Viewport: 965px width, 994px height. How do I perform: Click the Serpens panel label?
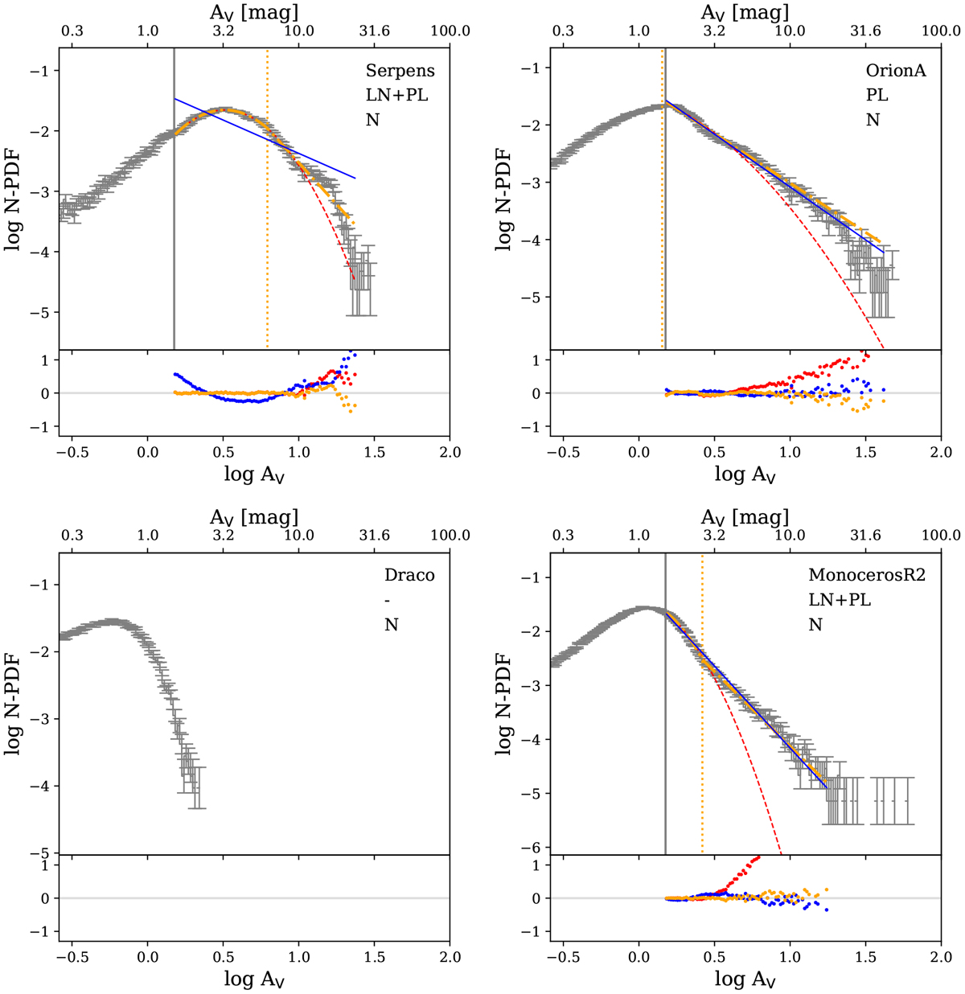[400, 71]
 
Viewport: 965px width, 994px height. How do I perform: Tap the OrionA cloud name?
[895, 71]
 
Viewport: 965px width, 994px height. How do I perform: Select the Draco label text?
[409, 576]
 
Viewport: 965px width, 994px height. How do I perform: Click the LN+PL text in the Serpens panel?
[397, 96]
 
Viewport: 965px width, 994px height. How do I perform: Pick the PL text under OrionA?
[877, 96]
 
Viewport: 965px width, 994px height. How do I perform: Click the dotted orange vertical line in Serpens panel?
[267, 201]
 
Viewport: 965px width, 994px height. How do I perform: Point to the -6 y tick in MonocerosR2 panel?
[532, 847]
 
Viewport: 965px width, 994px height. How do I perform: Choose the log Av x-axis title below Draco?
[254, 980]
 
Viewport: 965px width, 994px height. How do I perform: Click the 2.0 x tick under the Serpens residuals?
[450, 452]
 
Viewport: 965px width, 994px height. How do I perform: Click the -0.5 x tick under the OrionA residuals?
[563, 452]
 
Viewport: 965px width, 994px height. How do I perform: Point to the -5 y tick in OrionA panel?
[532, 298]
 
